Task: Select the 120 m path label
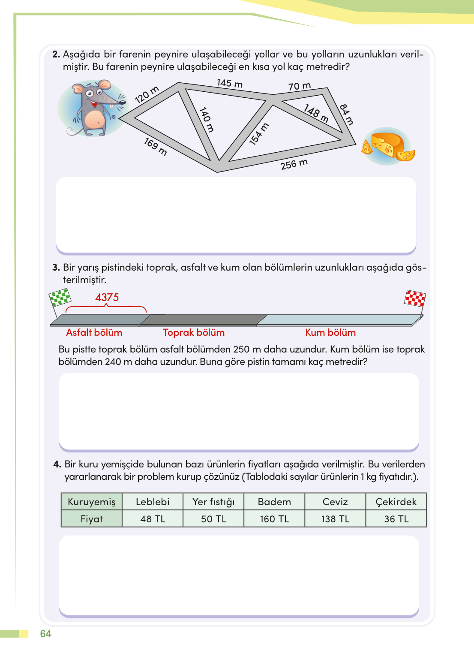click(x=147, y=95)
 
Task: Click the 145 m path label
click(x=230, y=83)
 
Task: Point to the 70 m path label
click(x=300, y=86)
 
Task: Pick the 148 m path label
click(x=316, y=113)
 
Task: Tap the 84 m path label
click(x=347, y=115)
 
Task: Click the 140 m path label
click(x=207, y=120)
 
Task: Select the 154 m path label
click(x=259, y=134)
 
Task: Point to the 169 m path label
click(x=156, y=147)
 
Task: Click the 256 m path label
click(x=294, y=164)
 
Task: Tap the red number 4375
click(x=107, y=297)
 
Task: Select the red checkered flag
click(x=415, y=299)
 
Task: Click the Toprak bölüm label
click(x=194, y=333)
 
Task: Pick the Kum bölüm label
click(x=330, y=333)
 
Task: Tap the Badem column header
click(x=274, y=502)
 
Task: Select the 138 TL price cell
click(x=335, y=519)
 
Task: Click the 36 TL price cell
click(x=396, y=519)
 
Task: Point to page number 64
click(x=45, y=634)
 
